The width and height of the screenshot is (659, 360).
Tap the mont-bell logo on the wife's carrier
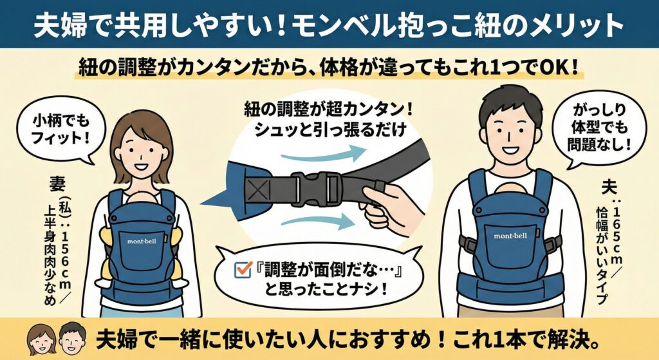pyautogui.click(x=141, y=240)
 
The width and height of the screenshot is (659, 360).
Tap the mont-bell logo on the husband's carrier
pyautogui.click(x=510, y=236)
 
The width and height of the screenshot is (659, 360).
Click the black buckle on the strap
pyautogui.click(x=315, y=189)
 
